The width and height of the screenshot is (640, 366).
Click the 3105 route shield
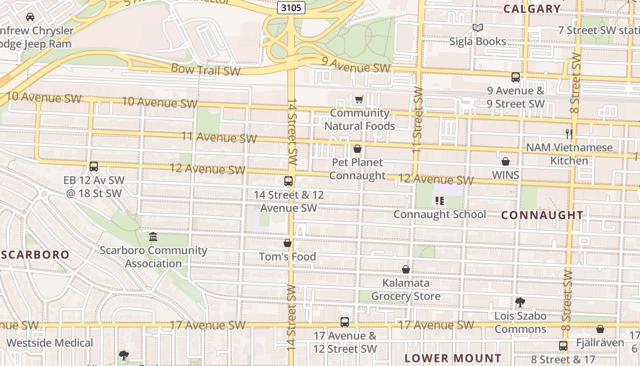(x=291, y=8)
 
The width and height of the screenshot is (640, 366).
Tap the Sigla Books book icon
(x=478, y=28)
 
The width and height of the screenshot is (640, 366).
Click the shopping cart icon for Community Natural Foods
(x=359, y=99)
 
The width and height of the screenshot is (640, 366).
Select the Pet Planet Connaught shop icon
(x=357, y=149)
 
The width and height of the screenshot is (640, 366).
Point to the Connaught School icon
(x=440, y=200)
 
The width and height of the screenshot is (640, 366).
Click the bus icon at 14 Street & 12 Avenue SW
(x=288, y=181)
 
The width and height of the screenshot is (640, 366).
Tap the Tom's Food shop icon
(x=288, y=243)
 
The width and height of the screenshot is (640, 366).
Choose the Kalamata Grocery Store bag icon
(x=405, y=269)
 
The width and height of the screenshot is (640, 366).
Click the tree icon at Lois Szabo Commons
(x=520, y=302)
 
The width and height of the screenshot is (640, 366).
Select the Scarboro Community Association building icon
(x=153, y=237)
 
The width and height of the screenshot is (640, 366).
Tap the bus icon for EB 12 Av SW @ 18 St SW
(x=94, y=167)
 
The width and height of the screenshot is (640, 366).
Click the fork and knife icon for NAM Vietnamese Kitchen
(x=569, y=134)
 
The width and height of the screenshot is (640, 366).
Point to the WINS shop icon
(x=506, y=161)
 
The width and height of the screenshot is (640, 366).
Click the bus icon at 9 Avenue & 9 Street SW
(x=516, y=77)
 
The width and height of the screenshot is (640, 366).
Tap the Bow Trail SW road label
(x=206, y=70)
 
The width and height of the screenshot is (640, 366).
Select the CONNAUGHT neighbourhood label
(x=542, y=215)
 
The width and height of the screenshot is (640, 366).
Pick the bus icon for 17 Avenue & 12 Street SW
(x=345, y=322)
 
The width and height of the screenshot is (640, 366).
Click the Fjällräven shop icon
(x=600, y=329)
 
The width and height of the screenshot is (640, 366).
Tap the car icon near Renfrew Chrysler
(x=30, y=17)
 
